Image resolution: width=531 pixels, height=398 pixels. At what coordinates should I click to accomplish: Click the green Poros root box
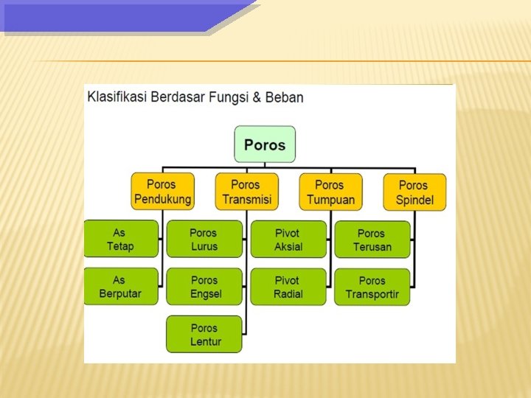(x=265, y=144)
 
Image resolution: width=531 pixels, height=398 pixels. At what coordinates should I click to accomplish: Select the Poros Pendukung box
(x=162, y=192)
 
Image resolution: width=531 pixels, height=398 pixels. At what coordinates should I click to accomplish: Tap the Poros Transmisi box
(x=246, y=192)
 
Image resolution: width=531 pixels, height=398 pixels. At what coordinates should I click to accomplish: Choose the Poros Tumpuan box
(x=330, y=192)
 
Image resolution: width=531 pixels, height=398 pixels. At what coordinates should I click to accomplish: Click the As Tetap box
(x=120, y=239)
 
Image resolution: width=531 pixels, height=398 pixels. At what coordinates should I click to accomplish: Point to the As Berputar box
(x=120, y=287)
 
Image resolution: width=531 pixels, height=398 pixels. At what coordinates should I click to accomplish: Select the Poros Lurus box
(x=204, y=240)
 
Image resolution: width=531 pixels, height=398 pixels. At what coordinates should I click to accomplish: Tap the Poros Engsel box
(x=204, y=287)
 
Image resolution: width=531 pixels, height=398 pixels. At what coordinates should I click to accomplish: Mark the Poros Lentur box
(x=204, y=335)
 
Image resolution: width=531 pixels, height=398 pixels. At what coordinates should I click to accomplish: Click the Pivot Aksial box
(x=288, y=240)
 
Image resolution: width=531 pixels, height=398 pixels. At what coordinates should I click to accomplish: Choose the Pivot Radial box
(x=288, y=287)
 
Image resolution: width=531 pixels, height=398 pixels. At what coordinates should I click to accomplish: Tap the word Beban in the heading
(x=284, y=97)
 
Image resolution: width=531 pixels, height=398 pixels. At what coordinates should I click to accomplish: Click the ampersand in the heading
(x=256, y=97)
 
